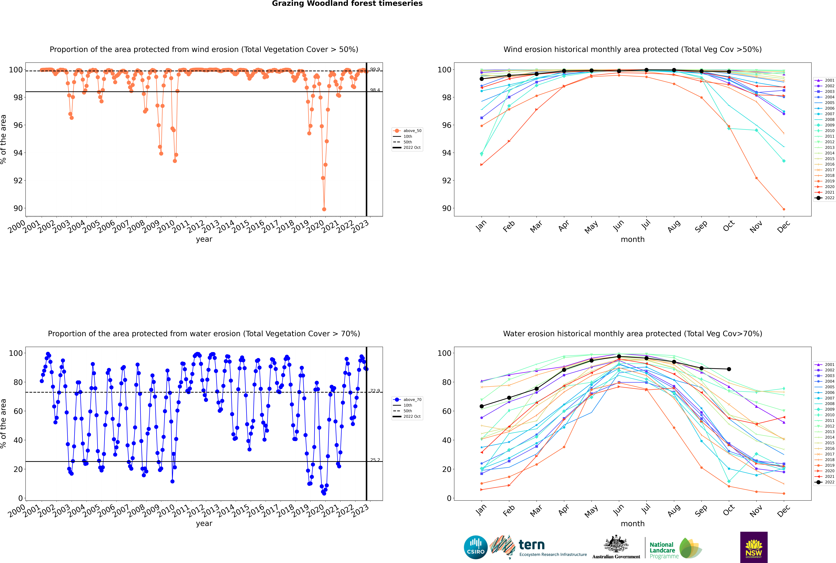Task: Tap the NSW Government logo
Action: click(x=754, y=547)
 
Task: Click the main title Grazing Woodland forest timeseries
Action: click(x=347, y=4)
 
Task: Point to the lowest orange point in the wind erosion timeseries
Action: click(x=324, y=209)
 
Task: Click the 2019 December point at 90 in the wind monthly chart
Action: click(x=784, y=209)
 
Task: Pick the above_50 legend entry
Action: click(x=407, y=131)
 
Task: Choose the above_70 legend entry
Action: click(x=407, y=400)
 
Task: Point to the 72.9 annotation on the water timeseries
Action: click(x=375, y=391)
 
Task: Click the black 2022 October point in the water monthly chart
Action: click(x=729, y=369)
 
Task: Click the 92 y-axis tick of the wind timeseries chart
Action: click(x=18, y=181)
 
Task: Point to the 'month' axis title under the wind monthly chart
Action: click(x=633, y=240)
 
